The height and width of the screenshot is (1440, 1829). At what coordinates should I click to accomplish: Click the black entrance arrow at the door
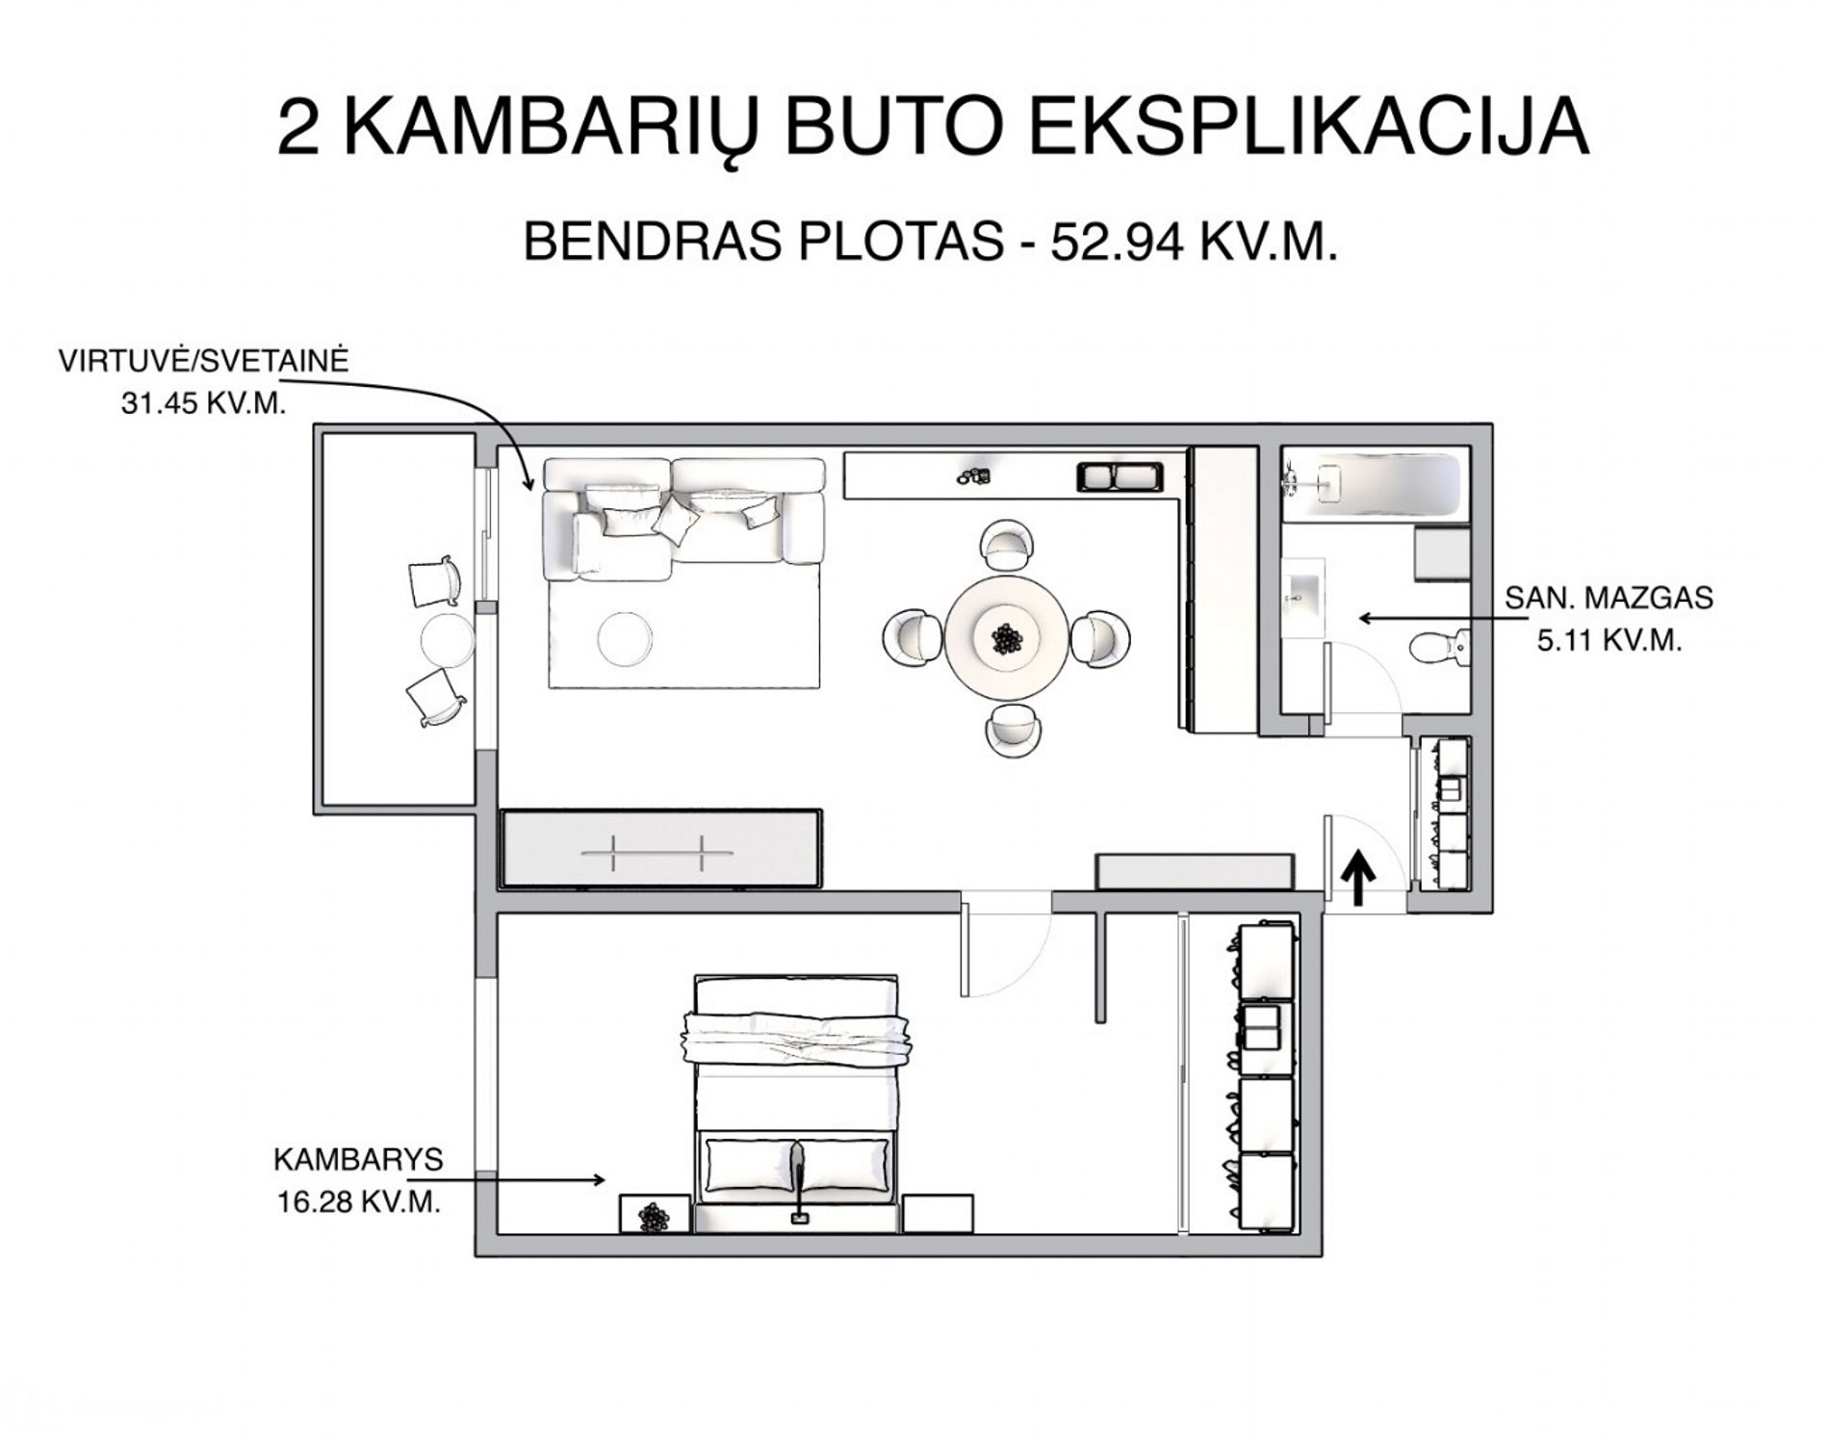pos(1358,877)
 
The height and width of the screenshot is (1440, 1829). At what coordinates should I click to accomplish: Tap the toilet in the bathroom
pos(1439,647)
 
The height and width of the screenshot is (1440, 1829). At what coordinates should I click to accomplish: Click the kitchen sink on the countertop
pos(1120,476)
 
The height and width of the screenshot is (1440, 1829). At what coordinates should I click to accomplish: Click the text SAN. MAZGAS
pos(1610,598)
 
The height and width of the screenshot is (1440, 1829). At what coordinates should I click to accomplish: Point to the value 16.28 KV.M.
pos(359,1202)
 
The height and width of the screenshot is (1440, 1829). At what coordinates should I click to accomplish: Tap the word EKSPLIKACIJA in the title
pos(1308,126)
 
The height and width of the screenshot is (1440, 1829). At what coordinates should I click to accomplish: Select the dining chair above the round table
pos(1007,544)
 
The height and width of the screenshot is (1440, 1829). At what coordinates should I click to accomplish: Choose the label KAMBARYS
pos(359,1160)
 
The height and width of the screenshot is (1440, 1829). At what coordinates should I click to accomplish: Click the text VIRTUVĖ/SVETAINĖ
pos(204,361)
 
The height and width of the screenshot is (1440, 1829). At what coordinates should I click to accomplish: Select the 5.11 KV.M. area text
pos(1610,641)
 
